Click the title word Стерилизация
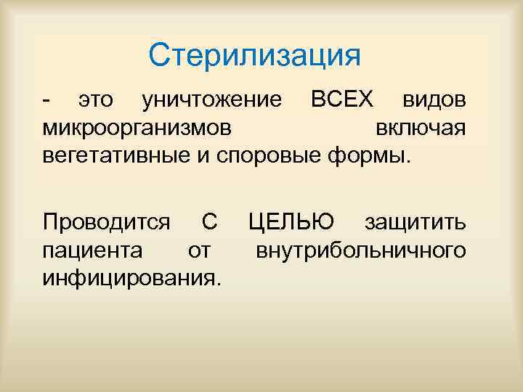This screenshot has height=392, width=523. click(254, 56)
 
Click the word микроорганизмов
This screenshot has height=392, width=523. click(139, 128)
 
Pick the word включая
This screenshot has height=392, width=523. click(421, 128)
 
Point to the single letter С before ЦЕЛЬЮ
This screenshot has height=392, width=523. click(208, 221)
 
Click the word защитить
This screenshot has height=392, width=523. click(415, 221)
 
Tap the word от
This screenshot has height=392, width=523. click(199, 250)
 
